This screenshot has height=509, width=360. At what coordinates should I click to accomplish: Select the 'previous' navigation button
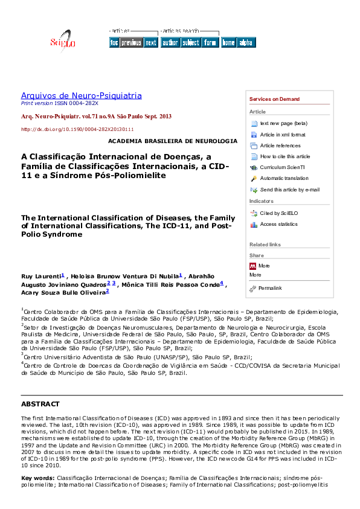point(131,42)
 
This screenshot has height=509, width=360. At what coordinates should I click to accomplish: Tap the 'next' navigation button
point(151,42)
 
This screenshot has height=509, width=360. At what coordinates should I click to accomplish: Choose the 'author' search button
point(170,42)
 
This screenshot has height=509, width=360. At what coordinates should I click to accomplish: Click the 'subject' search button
point(190,42)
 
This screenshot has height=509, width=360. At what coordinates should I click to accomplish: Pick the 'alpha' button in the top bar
point(246,42)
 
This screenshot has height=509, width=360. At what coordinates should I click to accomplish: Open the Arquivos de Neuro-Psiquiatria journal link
point(82,95)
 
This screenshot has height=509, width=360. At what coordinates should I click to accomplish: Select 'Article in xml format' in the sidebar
point(282,135)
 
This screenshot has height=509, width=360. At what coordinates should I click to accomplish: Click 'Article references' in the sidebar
point(280,146)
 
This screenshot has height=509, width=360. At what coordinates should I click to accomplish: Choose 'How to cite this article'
point(284,156)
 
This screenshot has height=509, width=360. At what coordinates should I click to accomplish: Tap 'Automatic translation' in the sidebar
point(284,178)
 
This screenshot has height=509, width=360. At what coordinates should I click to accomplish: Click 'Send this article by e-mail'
point(289,190)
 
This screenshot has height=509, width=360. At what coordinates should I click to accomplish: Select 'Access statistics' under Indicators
point(278,224)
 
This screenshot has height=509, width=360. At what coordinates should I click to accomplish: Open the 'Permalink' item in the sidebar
point(269,288)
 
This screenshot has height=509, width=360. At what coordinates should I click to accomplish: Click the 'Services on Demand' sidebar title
point(274,99)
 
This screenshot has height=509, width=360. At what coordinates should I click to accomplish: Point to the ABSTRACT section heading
point(40,404)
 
